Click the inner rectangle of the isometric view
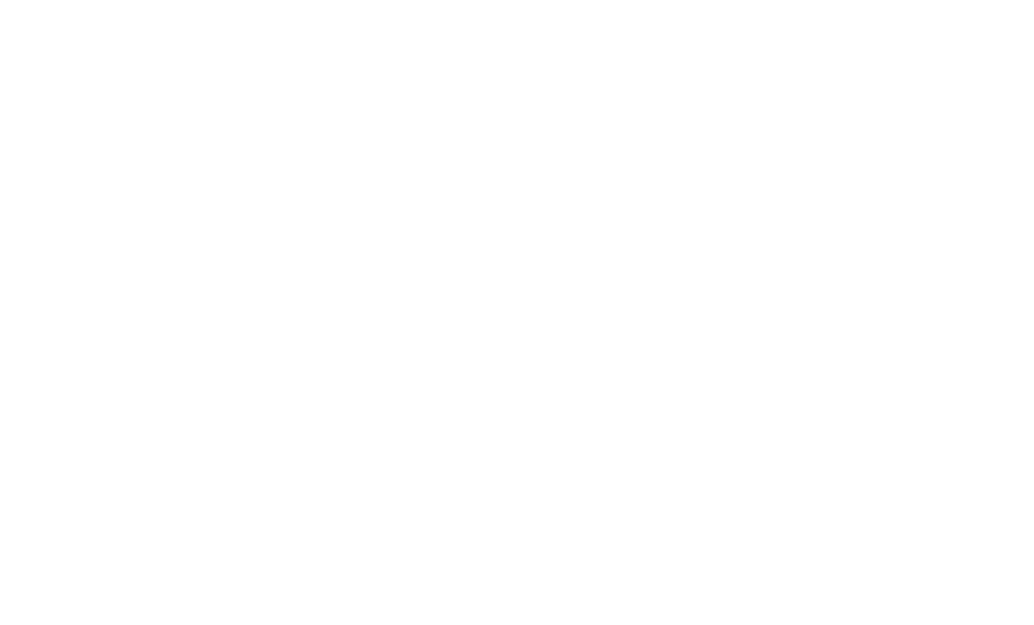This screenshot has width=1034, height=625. (x=230, y=355)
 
